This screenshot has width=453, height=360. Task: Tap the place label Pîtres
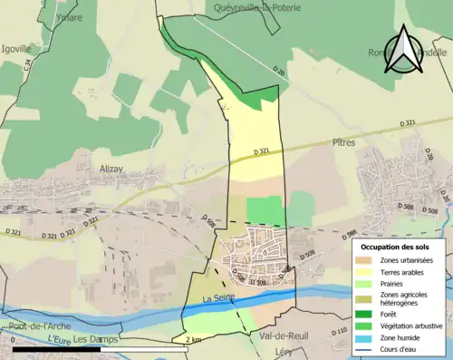pyautogui.click(x=343, y=142)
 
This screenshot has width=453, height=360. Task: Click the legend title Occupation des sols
pyautogui.click(x=395, y=247)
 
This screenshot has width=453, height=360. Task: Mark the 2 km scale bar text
pyautogui.click(x=192, y=340)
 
